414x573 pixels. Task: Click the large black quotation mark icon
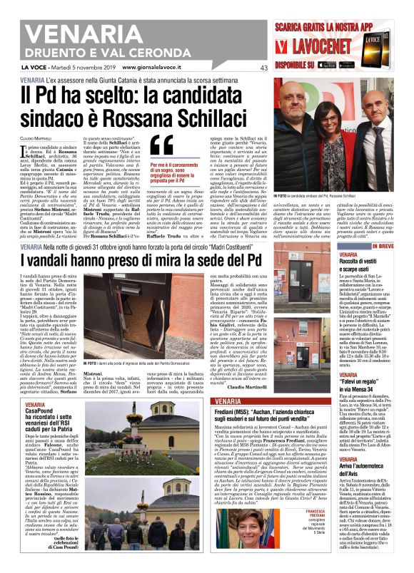[161, 145]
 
